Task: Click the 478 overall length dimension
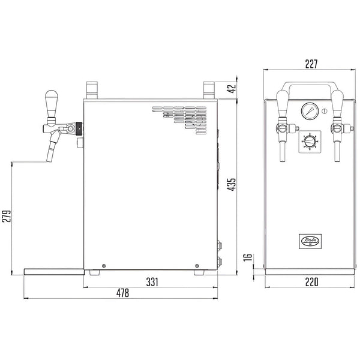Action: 122,293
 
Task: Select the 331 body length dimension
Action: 152,282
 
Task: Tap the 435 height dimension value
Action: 232,184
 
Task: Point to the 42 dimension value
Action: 232,88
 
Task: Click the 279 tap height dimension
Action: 7,216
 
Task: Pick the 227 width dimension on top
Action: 311,64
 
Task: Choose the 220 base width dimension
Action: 311,282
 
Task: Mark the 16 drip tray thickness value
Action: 247,257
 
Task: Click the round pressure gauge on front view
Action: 310,111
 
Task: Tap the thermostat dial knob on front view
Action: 310,141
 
